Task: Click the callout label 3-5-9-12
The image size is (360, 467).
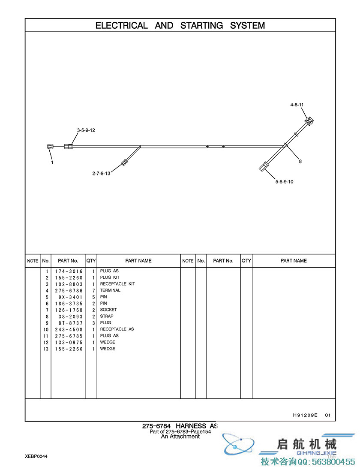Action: pyautogui.click(x=86, y=130)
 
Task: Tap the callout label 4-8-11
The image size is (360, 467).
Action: pyautogui.click(x=297, y=105)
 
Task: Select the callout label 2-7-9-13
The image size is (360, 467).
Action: pyautogui.click(x=101, y=173)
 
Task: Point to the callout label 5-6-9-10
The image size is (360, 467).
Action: pyautogui.click(x=285, y=182)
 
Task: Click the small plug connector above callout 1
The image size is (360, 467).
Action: pyautogui.click(x=50, y=147)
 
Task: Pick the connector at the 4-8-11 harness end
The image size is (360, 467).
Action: pyautogui.click(x=309, y=121)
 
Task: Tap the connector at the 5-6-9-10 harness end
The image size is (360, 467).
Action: pyautogui.click(x=264, y=166)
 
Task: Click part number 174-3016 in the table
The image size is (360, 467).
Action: pyautogui.click(x=69, y=271)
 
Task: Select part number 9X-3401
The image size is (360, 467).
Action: pyautogui.click(x=71, y=297)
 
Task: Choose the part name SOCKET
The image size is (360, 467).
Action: pyautogui.click(x=108, y=310)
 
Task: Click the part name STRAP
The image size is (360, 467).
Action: pyautogui.click(x=107, y=316)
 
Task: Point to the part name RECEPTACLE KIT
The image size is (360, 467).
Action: pyautogui.click(x=117, y=284)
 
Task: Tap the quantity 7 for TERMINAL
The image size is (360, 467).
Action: pyautogui.click(x=93, y=291)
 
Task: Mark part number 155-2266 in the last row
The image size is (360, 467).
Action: pyautogui.click(x=69, y=349)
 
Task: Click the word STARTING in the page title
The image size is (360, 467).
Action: pyautogui.click(x=201, y=26)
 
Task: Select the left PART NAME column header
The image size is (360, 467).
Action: pyautogui.click(x=138, y=261)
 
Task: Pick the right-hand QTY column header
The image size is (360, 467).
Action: pyautogui.click(x=246, y=261)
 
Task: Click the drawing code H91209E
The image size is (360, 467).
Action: pyautogui.click(x=305, y=415)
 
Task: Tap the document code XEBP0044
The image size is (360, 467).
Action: pyautogui.click(x=36, y=456)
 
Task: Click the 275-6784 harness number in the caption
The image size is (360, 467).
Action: pyautogui.click(x=156, y=426)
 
